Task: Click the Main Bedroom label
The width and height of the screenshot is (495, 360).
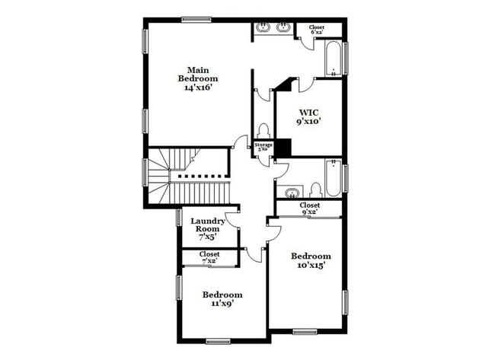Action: click(x=197, y=73)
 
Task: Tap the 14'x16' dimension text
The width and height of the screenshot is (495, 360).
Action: click(x=197, y=88)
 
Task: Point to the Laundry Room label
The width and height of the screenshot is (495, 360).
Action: click(x=208, y=225)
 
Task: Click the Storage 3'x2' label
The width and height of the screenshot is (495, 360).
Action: click(x=263, y=146)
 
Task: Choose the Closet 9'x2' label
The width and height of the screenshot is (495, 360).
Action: click(x=308, y=208)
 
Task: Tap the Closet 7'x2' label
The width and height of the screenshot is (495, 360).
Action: click(x=209, y=257)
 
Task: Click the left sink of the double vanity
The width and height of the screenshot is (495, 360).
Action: click(x=264, y=27)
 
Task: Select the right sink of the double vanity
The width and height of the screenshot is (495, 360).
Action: click(x=284, y=27)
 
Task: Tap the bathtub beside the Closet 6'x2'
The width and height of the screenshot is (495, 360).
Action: click(x=334, y=59)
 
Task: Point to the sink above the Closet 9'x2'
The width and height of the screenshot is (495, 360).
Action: click(x=290, y=191)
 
